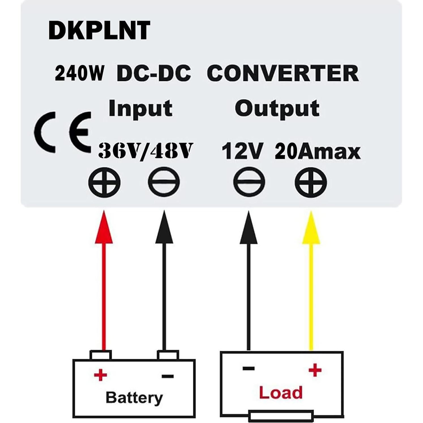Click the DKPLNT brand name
click(99, 31)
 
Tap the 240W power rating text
click(80, 73)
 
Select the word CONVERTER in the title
click(283, 73)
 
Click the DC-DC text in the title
click(154, 73)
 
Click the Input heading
click(140, 109)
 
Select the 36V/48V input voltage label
click(146, 151)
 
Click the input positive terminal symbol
click(104, 182)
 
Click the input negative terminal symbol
click(164, 182)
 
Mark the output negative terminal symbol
click(249, 182)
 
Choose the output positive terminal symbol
click(311, 182)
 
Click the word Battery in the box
click(134, 398)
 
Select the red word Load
click(281, 393)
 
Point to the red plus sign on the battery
click(100, 375)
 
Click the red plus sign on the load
click(315, 370)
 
